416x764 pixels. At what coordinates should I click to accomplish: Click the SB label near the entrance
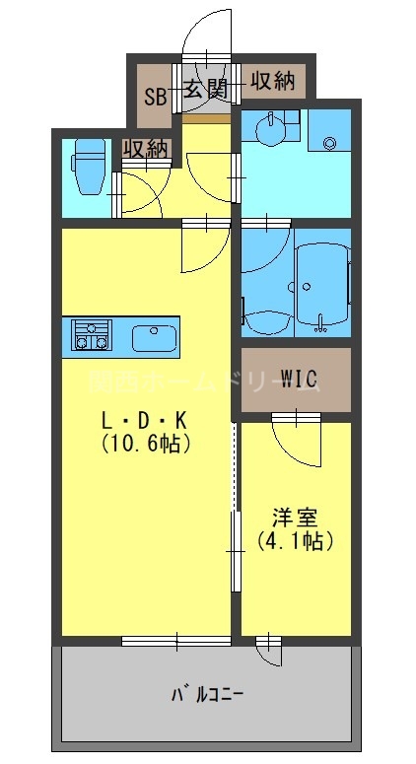[x=155, y=96]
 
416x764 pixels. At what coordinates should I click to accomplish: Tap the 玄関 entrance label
[x=205, y=90]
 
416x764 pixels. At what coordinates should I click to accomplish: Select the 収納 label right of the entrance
[x=272, y=81]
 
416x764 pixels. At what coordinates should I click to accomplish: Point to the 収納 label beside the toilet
[x=144, y=149]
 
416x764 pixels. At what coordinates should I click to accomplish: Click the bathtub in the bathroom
[x=316, y=282]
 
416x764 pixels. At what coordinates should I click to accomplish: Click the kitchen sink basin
[x=153, y=336]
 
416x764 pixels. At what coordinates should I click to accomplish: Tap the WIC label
[x=297, y=378]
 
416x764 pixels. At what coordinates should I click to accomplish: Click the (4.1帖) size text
[x=294, y=540]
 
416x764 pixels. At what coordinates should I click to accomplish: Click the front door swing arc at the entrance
[x=206, y=30]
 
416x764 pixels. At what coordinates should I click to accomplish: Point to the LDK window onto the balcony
[x=176, y=642]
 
